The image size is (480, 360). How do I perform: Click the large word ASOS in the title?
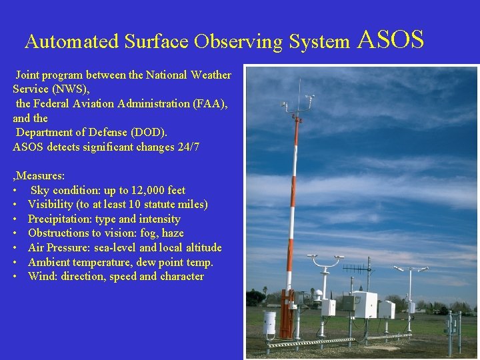(391, 39)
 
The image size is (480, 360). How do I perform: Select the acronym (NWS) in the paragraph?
(69, 89)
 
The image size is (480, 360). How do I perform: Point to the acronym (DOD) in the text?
(149, 132)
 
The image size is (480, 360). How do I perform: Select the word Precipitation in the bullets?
(59, 219)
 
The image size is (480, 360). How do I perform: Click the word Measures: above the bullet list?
(40, 176)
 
